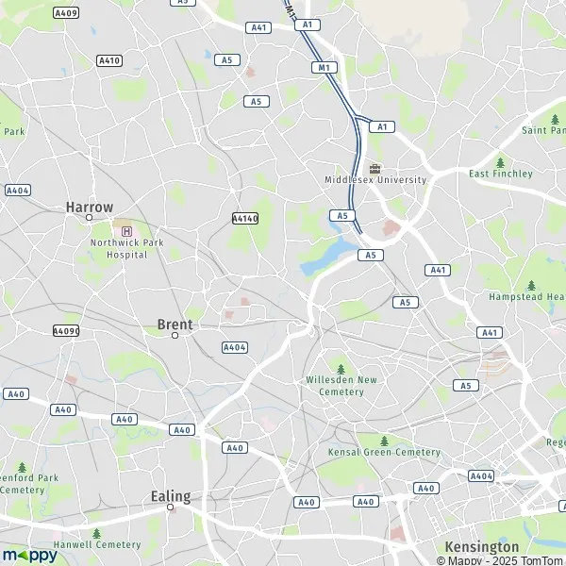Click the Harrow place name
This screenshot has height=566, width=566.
click(90, 207)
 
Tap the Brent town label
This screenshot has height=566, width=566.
click(175, 325)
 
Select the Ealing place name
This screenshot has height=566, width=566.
click(171, 496)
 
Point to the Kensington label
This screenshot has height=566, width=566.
click(481, 547)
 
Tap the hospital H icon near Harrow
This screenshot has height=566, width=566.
click(126, 230)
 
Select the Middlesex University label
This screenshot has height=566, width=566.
click(375, 179)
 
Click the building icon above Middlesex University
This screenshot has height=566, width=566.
click(375, 167)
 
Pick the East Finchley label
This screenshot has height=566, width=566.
click(501, 174)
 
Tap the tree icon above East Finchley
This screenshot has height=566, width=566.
click(500, 161)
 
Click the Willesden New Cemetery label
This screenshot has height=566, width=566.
click(341, 385)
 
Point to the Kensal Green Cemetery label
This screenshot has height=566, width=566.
click(384, 453)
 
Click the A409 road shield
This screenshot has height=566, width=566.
click(66, 13)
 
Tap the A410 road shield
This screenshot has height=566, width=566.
click(109, 60)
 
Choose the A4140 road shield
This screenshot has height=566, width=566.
click(244, 218)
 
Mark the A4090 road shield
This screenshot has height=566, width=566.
click(66, 331)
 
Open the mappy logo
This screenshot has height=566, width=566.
click(29, 555)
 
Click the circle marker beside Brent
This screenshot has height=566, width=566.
click(175, 336)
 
